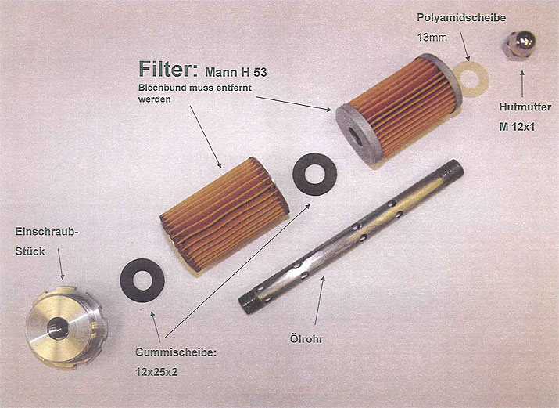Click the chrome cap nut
(518, 45)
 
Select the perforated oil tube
(351, 236)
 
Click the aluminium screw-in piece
(66, 327)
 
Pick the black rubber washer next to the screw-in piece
(142, 280)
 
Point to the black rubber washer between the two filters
(315, 174)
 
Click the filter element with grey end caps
(399, 109)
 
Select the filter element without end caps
(225, 214)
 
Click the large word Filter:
(168, 69)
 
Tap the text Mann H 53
(236, 73)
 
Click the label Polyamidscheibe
(461, 18)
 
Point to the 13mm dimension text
(432, 37)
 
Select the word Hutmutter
(525, 107)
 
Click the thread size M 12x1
(517, 127)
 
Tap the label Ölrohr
(306, 338)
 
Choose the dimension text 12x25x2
(156, 372)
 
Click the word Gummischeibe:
(176, 352)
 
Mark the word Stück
(30, 251)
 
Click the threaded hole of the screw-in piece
(57, 328)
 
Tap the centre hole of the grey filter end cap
(355, 136)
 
